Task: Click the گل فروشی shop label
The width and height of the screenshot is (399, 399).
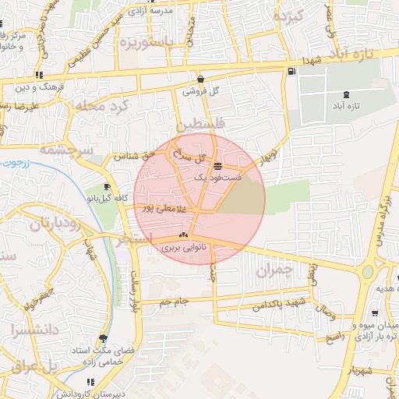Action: click(201, 90)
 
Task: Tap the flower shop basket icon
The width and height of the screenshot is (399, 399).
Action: click(201, 79)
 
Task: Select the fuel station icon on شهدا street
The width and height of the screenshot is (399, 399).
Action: click(291, 72)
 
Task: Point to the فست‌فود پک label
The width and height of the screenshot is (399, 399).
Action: click(218, 178)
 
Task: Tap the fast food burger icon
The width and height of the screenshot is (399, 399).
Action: click(217, 166)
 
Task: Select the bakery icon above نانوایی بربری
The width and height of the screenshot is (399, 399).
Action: click(184, 235)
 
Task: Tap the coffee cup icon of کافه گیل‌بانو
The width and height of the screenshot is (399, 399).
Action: click(108, 187)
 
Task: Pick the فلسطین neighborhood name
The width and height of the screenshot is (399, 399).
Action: click(199, 125)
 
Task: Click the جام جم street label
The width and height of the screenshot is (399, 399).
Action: click(175, 301)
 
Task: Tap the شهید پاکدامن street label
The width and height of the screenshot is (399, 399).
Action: click(281, 305)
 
